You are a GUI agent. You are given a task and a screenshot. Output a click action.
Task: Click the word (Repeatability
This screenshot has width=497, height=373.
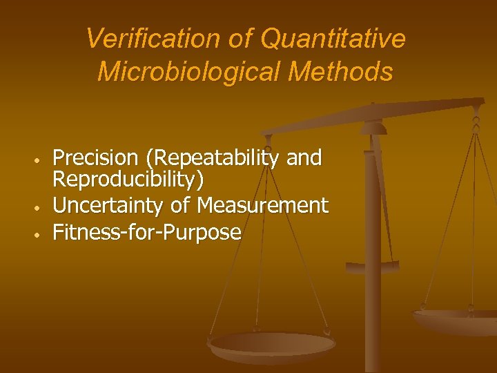(211, 158)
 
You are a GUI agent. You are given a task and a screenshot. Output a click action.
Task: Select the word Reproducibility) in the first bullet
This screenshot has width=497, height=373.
(128, 180)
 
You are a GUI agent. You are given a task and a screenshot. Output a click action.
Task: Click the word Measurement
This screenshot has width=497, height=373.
(262, 205)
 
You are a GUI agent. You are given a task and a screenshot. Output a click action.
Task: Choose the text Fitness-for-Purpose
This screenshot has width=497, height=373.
(147, 232)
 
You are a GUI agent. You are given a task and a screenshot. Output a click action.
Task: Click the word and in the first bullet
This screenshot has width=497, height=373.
(304, 158)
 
